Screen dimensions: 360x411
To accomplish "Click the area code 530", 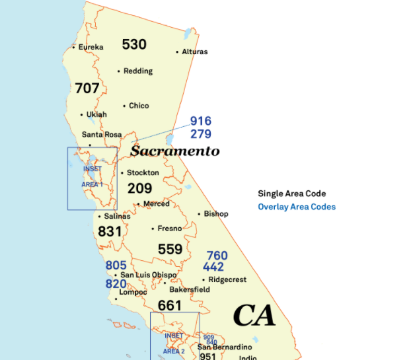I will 134,44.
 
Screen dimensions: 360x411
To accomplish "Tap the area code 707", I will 87,88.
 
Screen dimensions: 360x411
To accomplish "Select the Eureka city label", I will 91,47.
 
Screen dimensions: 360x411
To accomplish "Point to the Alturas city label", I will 194,52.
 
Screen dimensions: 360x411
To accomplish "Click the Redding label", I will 137,71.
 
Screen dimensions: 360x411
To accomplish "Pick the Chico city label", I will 139,106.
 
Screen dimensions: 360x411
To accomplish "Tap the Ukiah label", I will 96,114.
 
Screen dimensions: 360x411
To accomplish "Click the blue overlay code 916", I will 200,121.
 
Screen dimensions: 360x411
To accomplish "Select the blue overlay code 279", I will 200,134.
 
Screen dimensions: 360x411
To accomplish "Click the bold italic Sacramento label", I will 174,151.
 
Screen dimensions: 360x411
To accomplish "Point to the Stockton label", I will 143,173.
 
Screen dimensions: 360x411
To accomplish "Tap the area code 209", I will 139,189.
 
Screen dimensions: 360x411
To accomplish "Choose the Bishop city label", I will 215,214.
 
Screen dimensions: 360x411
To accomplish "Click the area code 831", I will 110,232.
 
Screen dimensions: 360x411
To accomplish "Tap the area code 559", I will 170,249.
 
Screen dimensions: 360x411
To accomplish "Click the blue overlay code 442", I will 213,267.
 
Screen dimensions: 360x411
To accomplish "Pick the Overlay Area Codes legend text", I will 297,207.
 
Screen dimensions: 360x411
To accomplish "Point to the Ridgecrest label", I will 227,279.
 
